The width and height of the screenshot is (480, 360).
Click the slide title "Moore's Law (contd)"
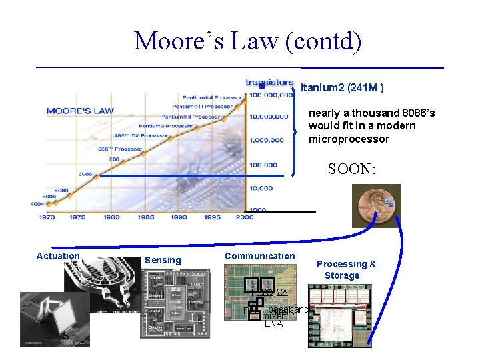coord(247,41)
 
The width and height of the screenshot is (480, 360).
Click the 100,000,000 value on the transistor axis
coord(270,95)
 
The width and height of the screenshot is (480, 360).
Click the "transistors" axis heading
coord(269,83)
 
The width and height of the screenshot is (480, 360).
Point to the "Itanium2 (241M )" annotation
coord(342,88)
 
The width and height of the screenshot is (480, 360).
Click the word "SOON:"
coord(351,169)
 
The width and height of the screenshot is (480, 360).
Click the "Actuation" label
coord(58,256)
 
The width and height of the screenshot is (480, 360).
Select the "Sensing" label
coord(163,260)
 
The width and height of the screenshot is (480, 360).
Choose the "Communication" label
coord(259,256)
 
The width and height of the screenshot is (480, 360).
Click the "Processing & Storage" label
coord(345,269)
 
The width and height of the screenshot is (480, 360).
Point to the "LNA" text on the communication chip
coord(273,324)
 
